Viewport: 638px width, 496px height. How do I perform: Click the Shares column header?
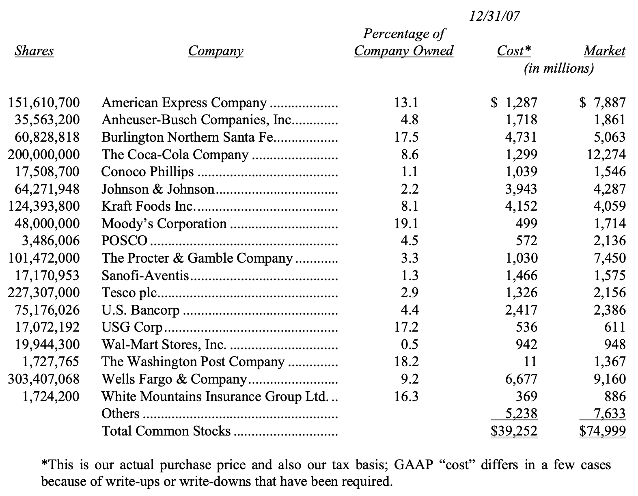tap(34, 51)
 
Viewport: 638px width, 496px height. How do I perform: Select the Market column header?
tap(604, 51)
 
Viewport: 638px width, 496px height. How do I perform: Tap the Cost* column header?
tap(514, 51)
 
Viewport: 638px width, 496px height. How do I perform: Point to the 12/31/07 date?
tap(494, 16)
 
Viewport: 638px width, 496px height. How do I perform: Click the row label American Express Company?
tap(184, 103)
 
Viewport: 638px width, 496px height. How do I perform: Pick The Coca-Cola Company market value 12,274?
tap(606, 155)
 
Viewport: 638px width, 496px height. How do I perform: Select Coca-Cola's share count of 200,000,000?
tap(44, 155)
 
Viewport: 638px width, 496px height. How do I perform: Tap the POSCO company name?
tap(124, 241)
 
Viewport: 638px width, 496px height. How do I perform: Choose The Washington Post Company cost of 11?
tap(530, 362)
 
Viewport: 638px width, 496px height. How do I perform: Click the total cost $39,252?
tap(514, 431)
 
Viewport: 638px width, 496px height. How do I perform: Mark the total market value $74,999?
tap(602, 431)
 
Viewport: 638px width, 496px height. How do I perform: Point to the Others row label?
tap(120, 414)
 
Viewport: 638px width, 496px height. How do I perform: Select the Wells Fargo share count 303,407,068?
tap(44, 379)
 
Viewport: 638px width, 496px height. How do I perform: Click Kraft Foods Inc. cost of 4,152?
tap(521, 206)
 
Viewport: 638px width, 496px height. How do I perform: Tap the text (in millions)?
tap(558, 68)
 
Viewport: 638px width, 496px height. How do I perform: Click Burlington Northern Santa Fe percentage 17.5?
tap(406, 137)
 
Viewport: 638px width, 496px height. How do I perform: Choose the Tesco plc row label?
tap(129, 293)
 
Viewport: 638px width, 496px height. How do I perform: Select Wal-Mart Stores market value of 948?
tap(614, 345)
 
